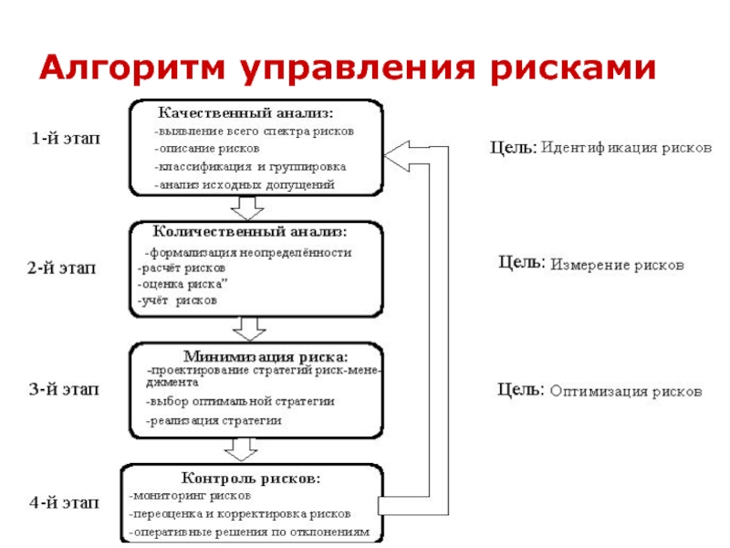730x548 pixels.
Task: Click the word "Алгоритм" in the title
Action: click(x=133, y=68)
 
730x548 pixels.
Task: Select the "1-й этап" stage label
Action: click(x=66, y=139)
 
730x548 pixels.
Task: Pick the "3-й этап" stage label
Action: click(x=63, y=390)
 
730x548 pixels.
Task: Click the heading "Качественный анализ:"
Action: click(x=247, y=114)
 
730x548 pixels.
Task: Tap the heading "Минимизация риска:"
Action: click(x=266, y=356)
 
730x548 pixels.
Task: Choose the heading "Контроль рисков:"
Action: click(x=251, y=478)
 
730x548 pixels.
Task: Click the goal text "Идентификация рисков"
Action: click(x=626, y=147)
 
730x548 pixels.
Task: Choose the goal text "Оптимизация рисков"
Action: click(x=626, y=391)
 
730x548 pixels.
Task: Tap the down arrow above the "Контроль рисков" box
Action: click(x=241, y=450)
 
